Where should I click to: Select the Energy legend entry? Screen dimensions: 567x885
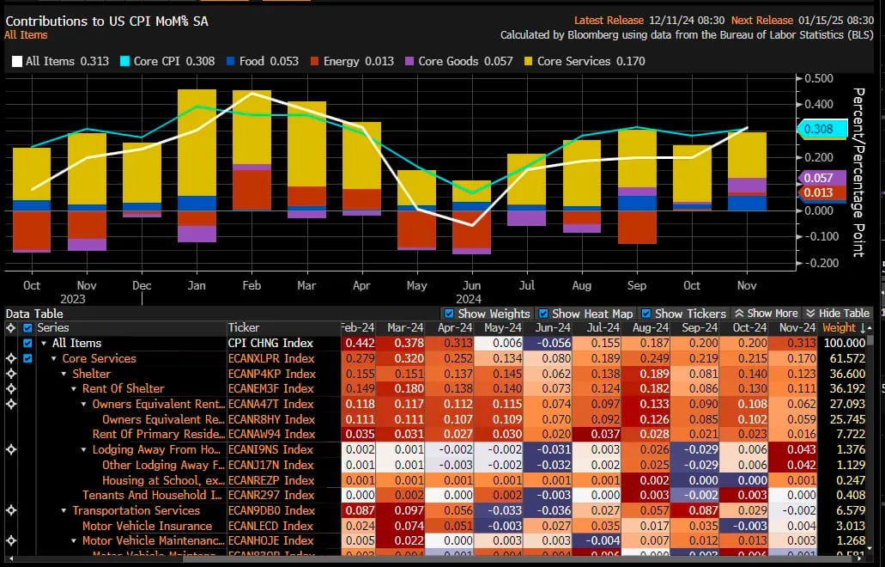pos(352,61)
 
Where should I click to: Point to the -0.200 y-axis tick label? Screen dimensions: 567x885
pos(821,263)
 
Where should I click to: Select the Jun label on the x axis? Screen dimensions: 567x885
pos(471,285)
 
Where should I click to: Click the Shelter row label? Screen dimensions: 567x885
pos(91,374)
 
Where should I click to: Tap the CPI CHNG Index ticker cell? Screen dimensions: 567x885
pos(270,344)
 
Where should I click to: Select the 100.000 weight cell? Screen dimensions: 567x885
pos(845,344)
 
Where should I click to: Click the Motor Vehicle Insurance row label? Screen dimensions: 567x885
pos(137,526)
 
